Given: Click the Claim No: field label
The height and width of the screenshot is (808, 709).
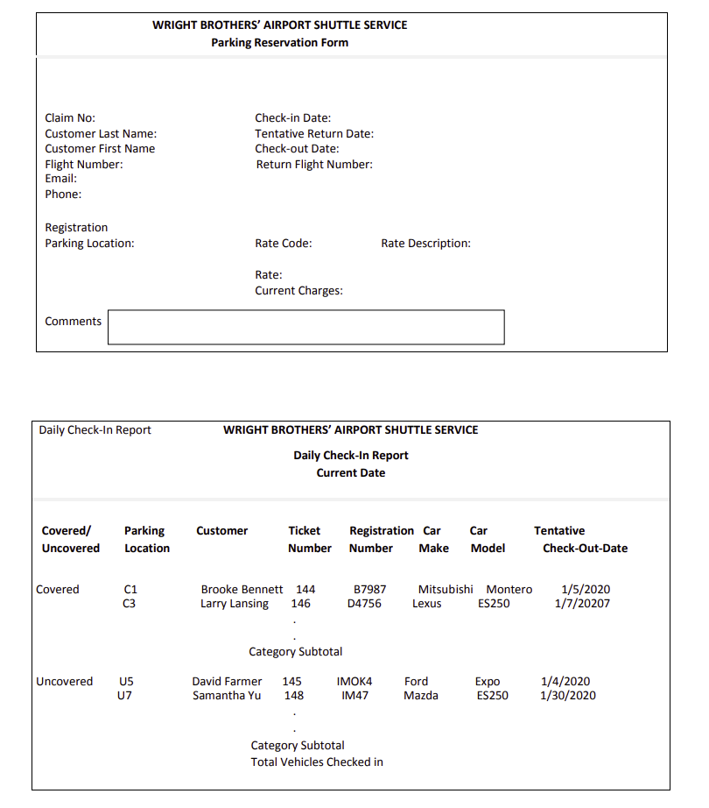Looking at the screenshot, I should coord(70,118).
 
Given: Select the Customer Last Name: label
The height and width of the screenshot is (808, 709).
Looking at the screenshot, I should coord(101,134).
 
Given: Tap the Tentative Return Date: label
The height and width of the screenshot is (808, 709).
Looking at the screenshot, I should coord(314,134).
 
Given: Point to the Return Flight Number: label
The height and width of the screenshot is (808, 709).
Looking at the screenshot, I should coord(314,165).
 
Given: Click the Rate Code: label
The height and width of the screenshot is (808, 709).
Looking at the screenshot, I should coord(284,244).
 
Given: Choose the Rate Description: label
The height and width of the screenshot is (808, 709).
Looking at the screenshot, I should coord(425,244).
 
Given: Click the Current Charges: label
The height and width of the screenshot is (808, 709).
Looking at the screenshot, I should coord(298,291).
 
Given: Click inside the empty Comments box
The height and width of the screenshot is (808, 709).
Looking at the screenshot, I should coord(305,327).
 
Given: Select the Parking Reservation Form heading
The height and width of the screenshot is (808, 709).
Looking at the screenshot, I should coord(279,43).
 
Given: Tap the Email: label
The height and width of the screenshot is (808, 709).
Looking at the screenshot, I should coord(61,179).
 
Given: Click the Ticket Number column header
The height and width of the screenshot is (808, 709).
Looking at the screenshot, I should coord(309,539).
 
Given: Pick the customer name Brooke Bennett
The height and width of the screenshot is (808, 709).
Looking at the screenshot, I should coord(242,590).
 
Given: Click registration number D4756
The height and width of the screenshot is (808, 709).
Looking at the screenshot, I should coord(364,604).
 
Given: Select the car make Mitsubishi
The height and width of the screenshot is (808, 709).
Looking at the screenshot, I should coord(446,590).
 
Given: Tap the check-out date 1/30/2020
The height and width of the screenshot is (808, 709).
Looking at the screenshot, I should coord(568,696).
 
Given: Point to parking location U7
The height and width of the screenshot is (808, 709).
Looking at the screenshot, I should coord(124,696).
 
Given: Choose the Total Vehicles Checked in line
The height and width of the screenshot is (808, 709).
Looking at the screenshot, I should coord(317,762).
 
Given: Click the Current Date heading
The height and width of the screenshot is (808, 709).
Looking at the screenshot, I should coord(351,473).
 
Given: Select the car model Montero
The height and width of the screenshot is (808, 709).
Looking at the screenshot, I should coord(509,590).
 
